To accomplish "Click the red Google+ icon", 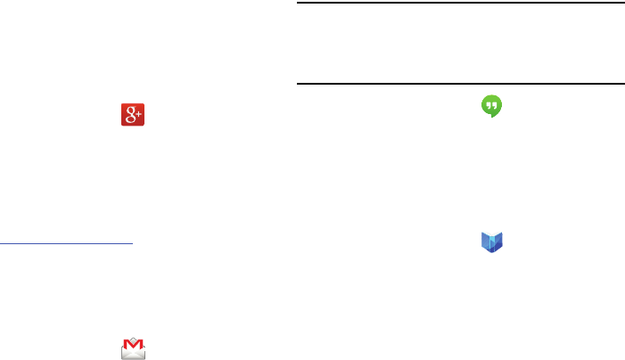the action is [133, 115].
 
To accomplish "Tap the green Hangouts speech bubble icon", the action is [489, 105].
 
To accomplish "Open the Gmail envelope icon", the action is [133, 348].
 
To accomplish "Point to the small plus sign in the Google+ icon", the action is [139, 111].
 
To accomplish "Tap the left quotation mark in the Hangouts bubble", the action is [487, 103].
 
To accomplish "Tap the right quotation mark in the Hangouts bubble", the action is [493, 103].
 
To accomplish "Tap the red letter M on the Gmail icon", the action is [133, 344].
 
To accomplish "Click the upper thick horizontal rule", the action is [459, 3].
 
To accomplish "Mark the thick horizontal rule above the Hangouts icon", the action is [459, 84].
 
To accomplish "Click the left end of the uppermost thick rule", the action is [298, 3].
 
